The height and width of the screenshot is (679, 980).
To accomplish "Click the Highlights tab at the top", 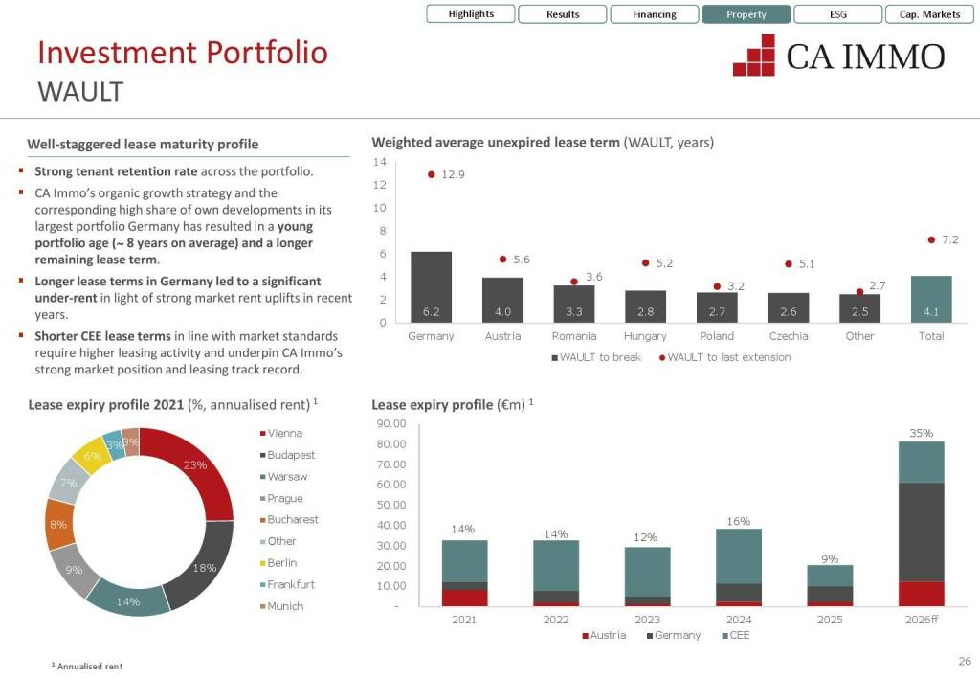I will click(x=471, y=14).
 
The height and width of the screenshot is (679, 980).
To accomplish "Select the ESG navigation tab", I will click(x=837, y=14).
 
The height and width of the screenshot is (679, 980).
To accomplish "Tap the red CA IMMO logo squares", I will click(x=754, y=56).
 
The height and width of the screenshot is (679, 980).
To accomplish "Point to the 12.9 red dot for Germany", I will click(x=432, y=175).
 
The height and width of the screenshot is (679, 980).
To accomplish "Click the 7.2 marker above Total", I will click(x=931, y=240).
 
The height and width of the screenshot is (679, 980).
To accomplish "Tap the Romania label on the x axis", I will click(x=574, y=336).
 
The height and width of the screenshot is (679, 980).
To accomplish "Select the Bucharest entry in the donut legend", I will click(x=293, y=520).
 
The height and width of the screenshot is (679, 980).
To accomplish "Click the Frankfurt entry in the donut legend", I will click(x=291, y=584).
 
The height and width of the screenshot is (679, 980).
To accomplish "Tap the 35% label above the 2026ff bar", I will click(x=921, y=433).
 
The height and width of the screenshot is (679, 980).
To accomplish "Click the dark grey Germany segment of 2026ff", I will click(x=921, y=532).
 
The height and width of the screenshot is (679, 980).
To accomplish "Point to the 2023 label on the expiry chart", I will click(x=648, y=620).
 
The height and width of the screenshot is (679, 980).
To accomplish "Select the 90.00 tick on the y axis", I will click(x=393, y=423).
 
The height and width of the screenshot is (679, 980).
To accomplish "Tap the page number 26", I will click(x=964, y=661).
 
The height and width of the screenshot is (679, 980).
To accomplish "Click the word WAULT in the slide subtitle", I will click(x=80, y=92).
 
